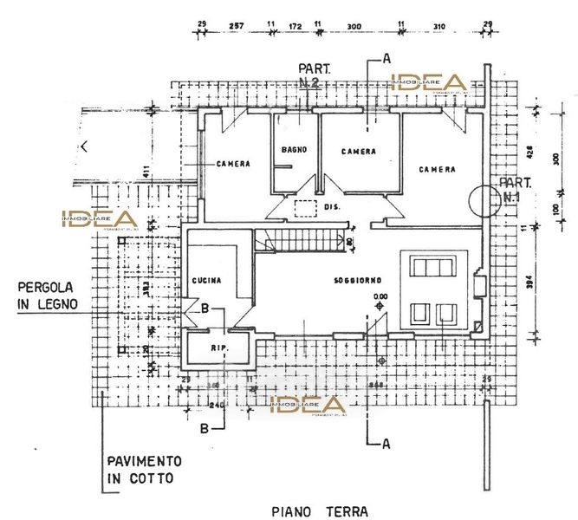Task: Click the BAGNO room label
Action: coord(289,150)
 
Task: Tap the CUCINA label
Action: coord(207,281)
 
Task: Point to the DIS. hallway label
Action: coord(332,209)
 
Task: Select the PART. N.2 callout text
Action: coord(309,75)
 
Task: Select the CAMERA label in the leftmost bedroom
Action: coord(234,164)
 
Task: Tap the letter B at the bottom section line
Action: coord(205,427)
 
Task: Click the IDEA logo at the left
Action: coord(97,220)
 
